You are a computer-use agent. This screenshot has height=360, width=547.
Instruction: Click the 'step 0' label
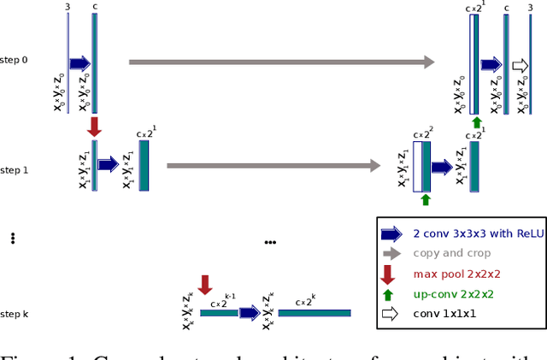pos(15,62)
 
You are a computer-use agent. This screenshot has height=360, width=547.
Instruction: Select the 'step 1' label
pos(15,170)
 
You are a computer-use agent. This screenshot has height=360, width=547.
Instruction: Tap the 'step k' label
pos(15,315)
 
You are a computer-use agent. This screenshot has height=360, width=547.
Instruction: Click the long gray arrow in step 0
pos(282,62)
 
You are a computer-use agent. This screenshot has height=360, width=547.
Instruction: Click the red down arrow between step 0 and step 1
pos(95,127)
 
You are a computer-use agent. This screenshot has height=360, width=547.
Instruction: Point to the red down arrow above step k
pos(204,285)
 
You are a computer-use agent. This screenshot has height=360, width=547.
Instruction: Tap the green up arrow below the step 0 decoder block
pos(477,121)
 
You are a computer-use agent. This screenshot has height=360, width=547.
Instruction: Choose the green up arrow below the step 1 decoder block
pos(425,199)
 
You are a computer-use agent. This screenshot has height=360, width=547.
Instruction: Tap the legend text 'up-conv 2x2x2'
pos(453,293)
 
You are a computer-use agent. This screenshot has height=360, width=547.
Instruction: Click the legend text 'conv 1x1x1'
pos(446,313)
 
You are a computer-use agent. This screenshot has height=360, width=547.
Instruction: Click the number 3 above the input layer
pos(68,8)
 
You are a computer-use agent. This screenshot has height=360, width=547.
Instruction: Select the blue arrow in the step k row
pos(249,314)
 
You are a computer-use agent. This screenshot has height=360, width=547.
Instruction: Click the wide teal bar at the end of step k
pos(314,314)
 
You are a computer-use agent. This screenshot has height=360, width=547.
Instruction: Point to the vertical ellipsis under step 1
pos(13,239)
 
